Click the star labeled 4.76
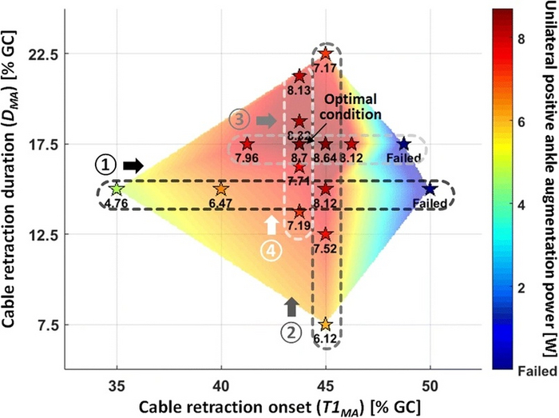click(117, 189)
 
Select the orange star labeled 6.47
click(221, 189)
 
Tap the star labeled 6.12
click(325, 324)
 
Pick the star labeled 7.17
click(325, 54)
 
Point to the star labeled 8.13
click(299, 77)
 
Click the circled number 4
click(293, 250)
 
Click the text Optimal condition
click(372, 103)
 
